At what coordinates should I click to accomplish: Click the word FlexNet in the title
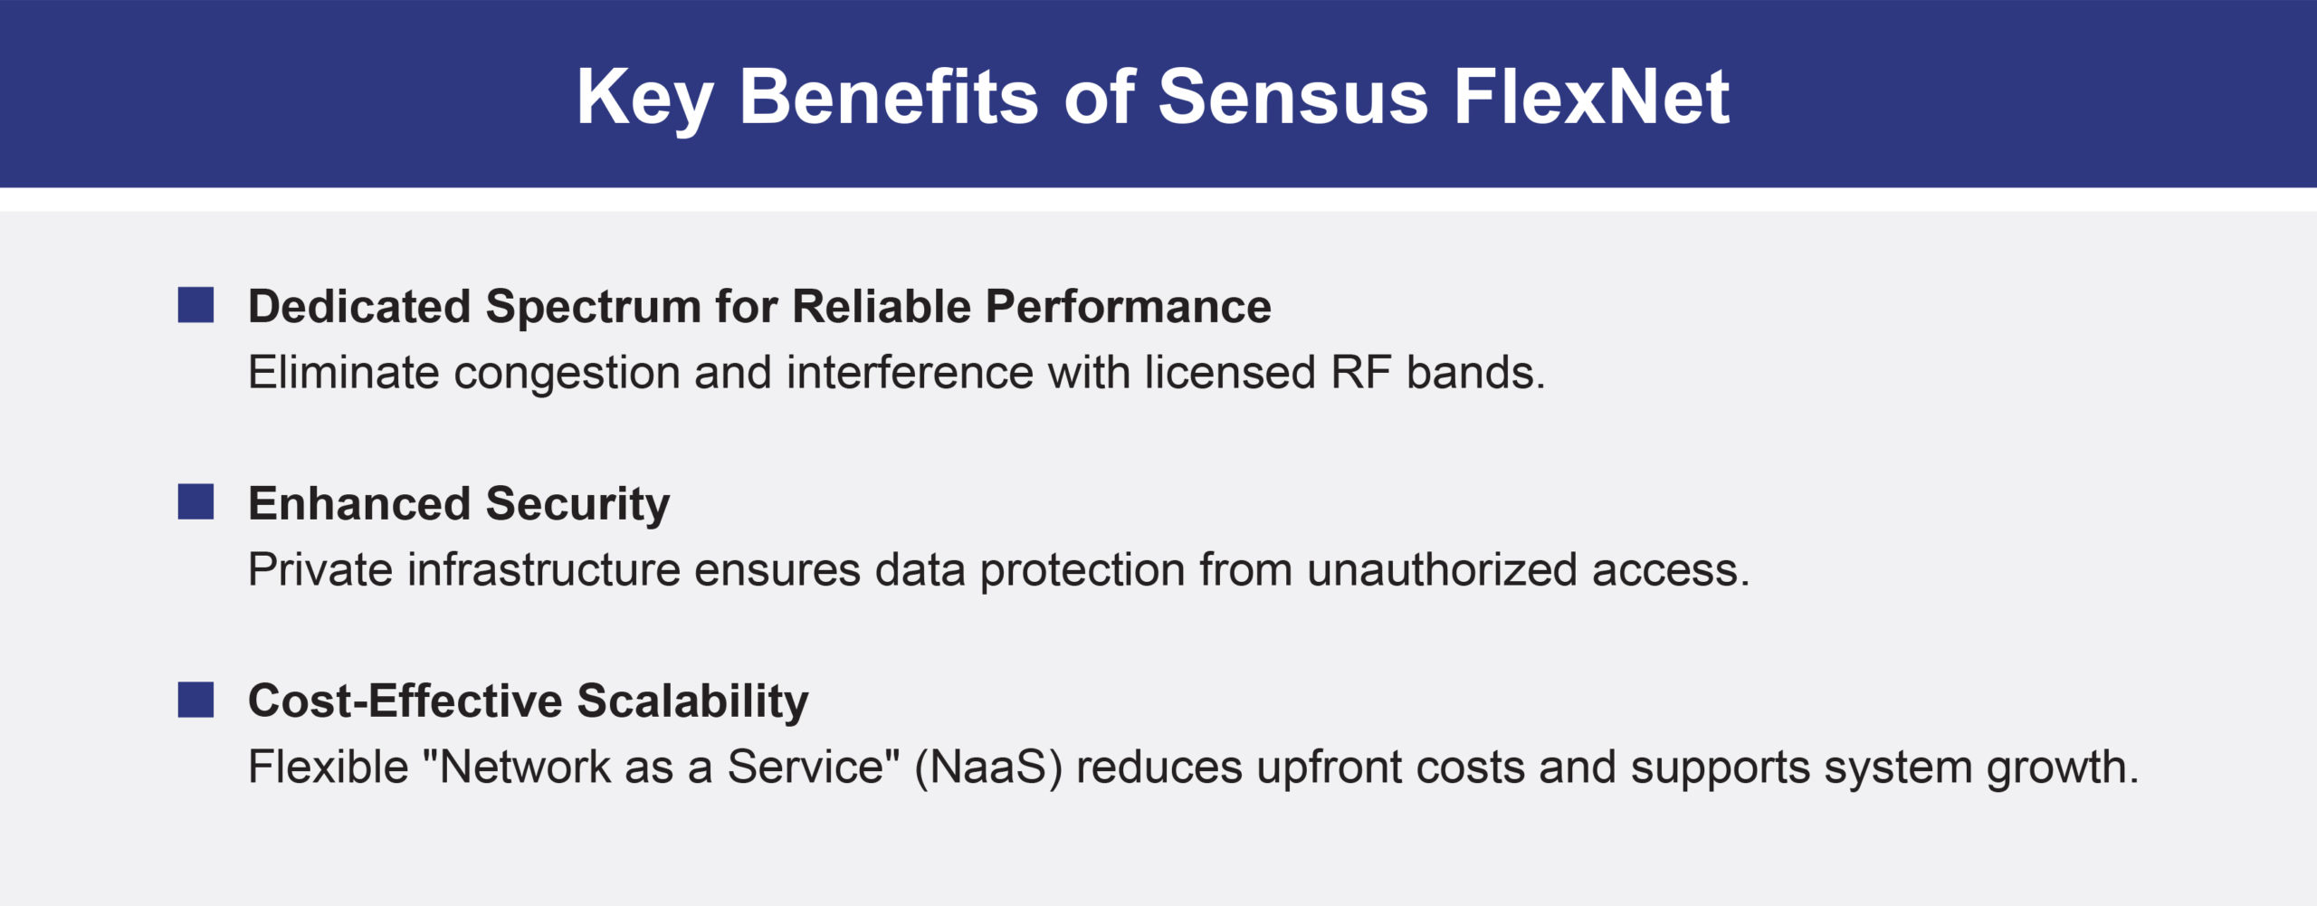pyautogui.click(x=1592, y=97)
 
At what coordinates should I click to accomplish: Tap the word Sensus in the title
pyautogui.click(x=1293, y=97)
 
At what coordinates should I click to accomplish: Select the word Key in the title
pyautogui.click(x=645, y=100)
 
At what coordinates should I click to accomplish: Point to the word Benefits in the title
pyautogui.click(x=889, y=96)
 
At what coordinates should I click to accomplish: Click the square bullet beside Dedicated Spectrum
pyautogui.click(x=195, y=305)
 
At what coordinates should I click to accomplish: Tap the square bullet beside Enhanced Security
pyautogui.click(x=195, y=502)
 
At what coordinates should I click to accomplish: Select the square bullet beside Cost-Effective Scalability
pyautogui.click(x=195, y=700)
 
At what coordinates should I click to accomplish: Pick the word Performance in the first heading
pyautogui.click(x=1128, y=306)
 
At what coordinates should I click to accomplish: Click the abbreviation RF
pyautogui.click(x=1361, y=372)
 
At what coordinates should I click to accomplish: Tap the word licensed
pyautogui.click(x=1230, y=372)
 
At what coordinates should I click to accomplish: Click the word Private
pyautogui.click(x=320, y=569)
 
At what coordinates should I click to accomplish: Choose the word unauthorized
pyautogui.click(x=1443, y=569)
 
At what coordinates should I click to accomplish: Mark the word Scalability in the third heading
pyautogui.click(x=692, y=703)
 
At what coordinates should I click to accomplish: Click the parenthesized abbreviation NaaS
pyautogui.click(x=988, y=768)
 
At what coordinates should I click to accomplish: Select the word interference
pyautogui.click(x=910, y=372)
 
